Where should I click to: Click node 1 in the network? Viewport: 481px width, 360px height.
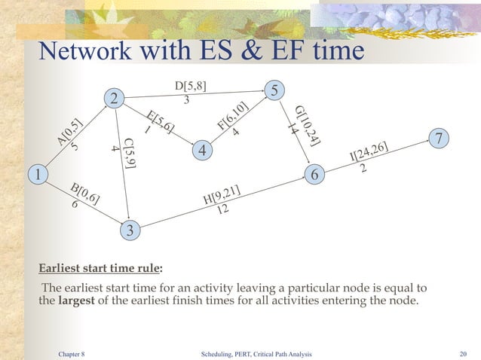35,175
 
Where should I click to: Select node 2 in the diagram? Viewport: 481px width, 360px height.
114,99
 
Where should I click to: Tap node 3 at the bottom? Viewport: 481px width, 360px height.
130,231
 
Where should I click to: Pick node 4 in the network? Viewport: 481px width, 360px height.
202,151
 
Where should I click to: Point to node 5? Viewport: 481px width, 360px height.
275,90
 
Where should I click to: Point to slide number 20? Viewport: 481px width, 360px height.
464,352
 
